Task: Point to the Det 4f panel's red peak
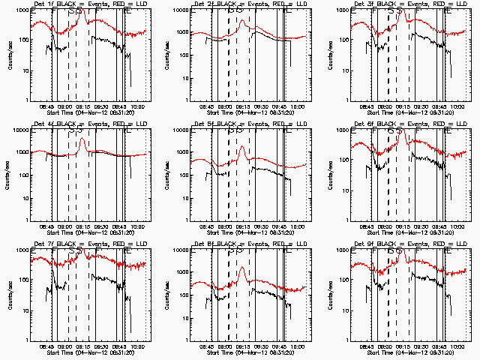tap(82, 139)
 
